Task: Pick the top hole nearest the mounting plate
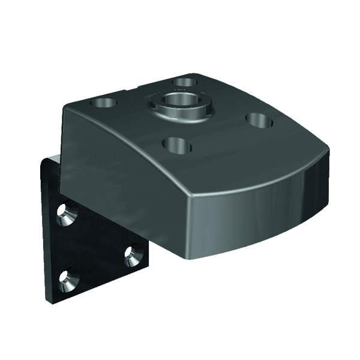click(x=103, y=103)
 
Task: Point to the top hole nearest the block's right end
click(x=259, y=121)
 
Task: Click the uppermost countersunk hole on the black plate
click(x=64, y=213)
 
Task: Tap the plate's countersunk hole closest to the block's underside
click(x=133, y=256)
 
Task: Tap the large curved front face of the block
click(x=240, y=216)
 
